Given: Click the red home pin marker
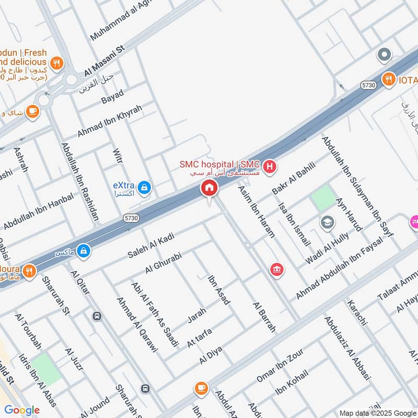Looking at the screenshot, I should tap(209, 188).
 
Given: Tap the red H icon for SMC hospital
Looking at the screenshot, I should tap(270, 167).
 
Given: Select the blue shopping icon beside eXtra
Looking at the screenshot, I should tap(145, 187).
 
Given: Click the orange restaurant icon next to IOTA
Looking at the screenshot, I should tap(388, 79).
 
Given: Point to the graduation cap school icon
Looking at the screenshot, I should tap(327, 222).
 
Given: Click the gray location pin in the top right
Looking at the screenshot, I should tap(384, 54).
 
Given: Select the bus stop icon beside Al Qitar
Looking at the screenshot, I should tap(96, 316).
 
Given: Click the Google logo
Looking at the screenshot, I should tap(22, 410).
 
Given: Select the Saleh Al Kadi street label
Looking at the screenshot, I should tap(150, 247).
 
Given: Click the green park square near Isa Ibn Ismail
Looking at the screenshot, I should tap(323, 198).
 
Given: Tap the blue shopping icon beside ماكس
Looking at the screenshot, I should tap(83, 252).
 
